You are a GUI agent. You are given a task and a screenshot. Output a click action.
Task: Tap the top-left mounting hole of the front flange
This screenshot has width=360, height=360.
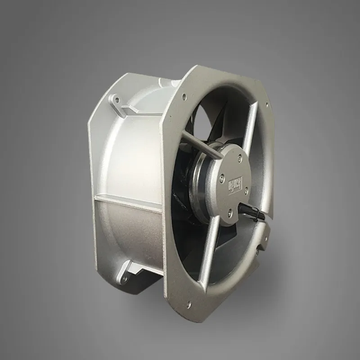[x=184, y=96]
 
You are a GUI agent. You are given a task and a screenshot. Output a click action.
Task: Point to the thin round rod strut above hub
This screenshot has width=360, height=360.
[x=198, y=143]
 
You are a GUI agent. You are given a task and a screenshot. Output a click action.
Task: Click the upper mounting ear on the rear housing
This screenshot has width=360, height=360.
[x=120, y=101]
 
